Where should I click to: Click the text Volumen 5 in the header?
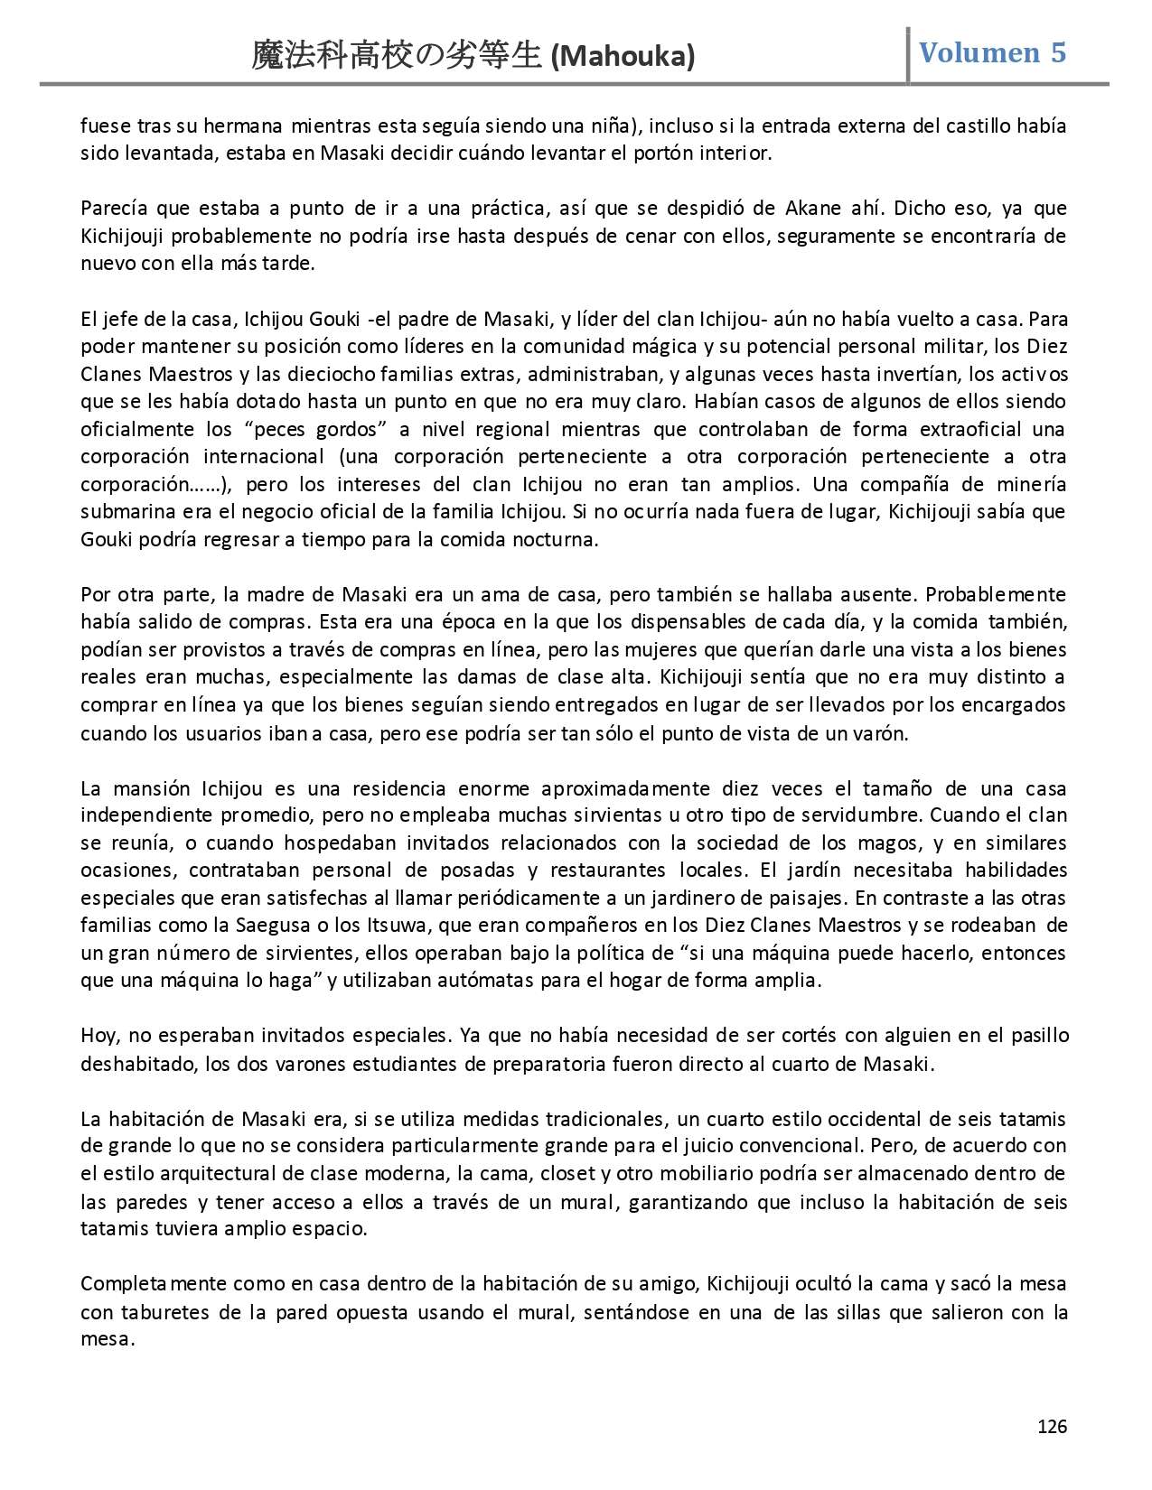992,53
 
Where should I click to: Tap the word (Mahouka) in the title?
623,58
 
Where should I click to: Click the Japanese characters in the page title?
398,57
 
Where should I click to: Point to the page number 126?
1052,1427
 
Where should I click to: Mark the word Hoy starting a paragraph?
97,1036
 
